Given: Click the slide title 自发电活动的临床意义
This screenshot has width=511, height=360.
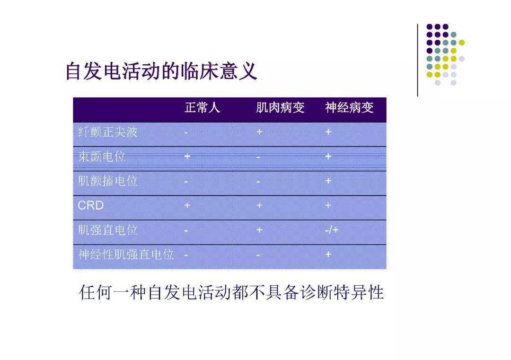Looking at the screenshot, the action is click(x=161, y=71).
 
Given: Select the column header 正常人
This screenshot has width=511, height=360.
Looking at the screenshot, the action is click(x=202, y=107).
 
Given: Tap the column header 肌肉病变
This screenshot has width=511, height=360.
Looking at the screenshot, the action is click(x=280, y=107).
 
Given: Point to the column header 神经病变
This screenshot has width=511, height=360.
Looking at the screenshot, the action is click(x=349, y=107).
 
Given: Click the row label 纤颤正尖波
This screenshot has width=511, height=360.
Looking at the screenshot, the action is click(x=108, y=132).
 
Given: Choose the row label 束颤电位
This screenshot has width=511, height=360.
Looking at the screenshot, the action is click(x=102, y=157).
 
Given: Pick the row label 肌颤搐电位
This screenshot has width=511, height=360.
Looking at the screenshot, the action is click(x=108, y=181).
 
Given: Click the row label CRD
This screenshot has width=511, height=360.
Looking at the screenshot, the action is click(x=90, y=205).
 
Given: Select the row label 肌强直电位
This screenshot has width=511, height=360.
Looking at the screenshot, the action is click(x=108, y=230).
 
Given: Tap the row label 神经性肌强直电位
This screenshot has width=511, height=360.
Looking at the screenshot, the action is click(x=126, y=255).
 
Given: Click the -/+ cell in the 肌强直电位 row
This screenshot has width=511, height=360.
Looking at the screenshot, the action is click(x=332, y=230).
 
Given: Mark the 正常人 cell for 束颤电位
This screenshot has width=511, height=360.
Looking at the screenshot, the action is click(x=187, y=157).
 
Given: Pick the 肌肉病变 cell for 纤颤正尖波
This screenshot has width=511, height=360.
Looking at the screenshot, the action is click(x=259, y=132).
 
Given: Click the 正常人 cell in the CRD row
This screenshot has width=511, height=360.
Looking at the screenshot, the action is click(x=187, y=205).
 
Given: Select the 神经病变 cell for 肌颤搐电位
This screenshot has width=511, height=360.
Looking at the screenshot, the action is click(x=328, y=181).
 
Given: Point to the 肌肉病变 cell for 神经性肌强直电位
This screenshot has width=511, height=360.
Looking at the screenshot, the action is click(x=258, y=255).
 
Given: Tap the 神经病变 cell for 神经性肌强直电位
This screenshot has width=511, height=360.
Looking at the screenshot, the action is click(x=328, y=255).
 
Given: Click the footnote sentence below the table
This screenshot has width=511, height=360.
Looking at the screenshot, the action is click(x=231, y=292).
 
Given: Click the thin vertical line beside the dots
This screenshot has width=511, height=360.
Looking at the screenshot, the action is click(x=417, y=60).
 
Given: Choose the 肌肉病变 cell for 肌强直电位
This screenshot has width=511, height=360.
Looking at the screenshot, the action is click(x=259, y=230).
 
